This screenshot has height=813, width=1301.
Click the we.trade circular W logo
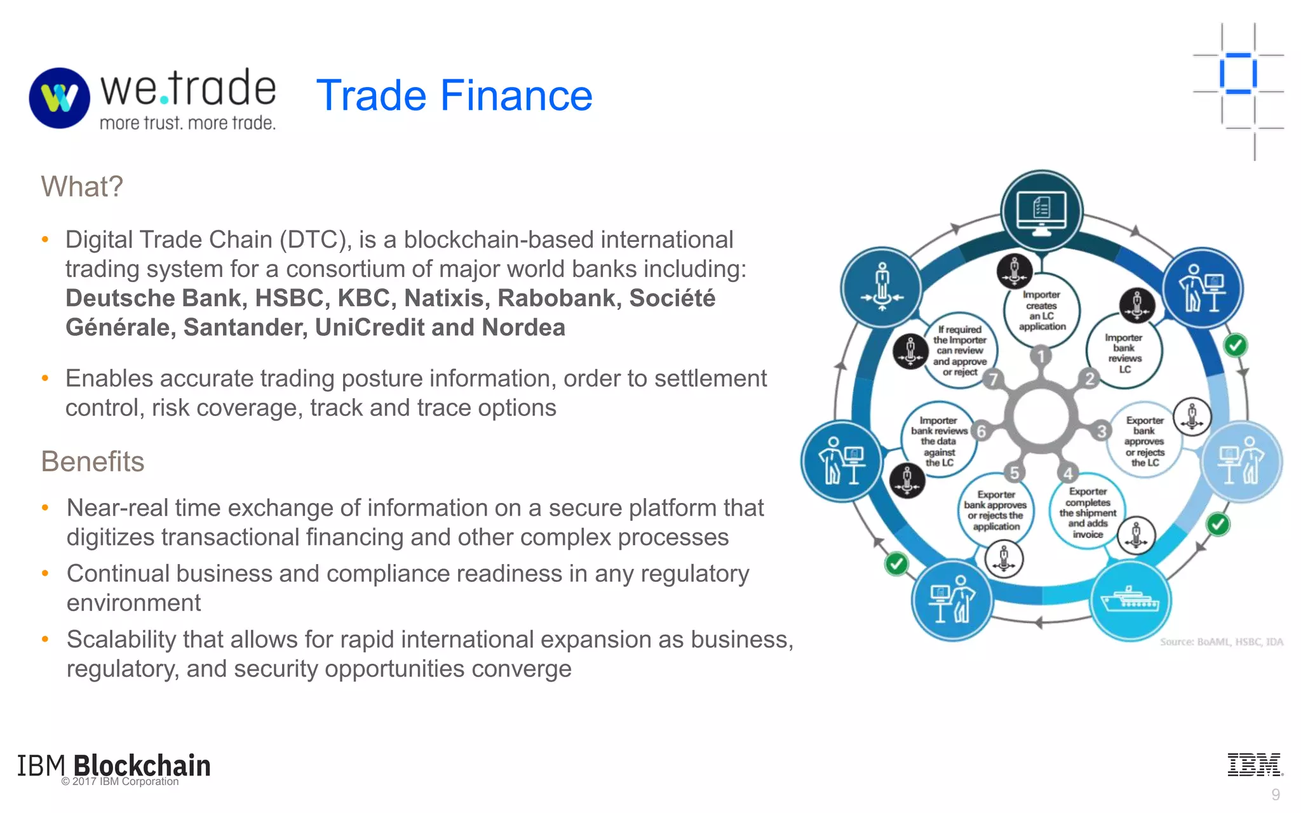click(x=60, y=98)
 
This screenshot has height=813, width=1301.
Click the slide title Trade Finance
click(x=454, y=95)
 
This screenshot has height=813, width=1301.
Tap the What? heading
click(x=82, y=187)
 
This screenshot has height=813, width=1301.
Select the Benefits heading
click(x=93, y=462)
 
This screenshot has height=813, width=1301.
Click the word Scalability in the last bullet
click(x=121, y=640)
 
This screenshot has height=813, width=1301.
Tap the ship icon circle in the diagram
click(x=1131, y=600)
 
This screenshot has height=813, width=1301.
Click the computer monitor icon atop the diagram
click(x=1041, y=212)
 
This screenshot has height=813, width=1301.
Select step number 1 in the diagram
click(x=1041, y=356)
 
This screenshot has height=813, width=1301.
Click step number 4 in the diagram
click(x=1068, y=473)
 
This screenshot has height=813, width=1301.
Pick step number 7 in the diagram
click(x=993, y=380)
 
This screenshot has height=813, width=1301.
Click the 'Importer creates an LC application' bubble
click(x=1042, y=311)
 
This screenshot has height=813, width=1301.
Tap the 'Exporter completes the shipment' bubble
click(x=1087, y=513)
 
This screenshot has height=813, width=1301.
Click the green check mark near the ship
click(x=1218, y=525)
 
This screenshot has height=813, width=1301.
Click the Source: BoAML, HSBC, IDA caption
click(x=1221, y=642)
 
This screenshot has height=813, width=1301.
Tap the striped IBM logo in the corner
click(x=1255, y=764)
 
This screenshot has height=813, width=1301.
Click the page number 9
click(x=1275, y=795)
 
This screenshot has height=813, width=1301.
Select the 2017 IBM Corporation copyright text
click(x=121, y=782)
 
